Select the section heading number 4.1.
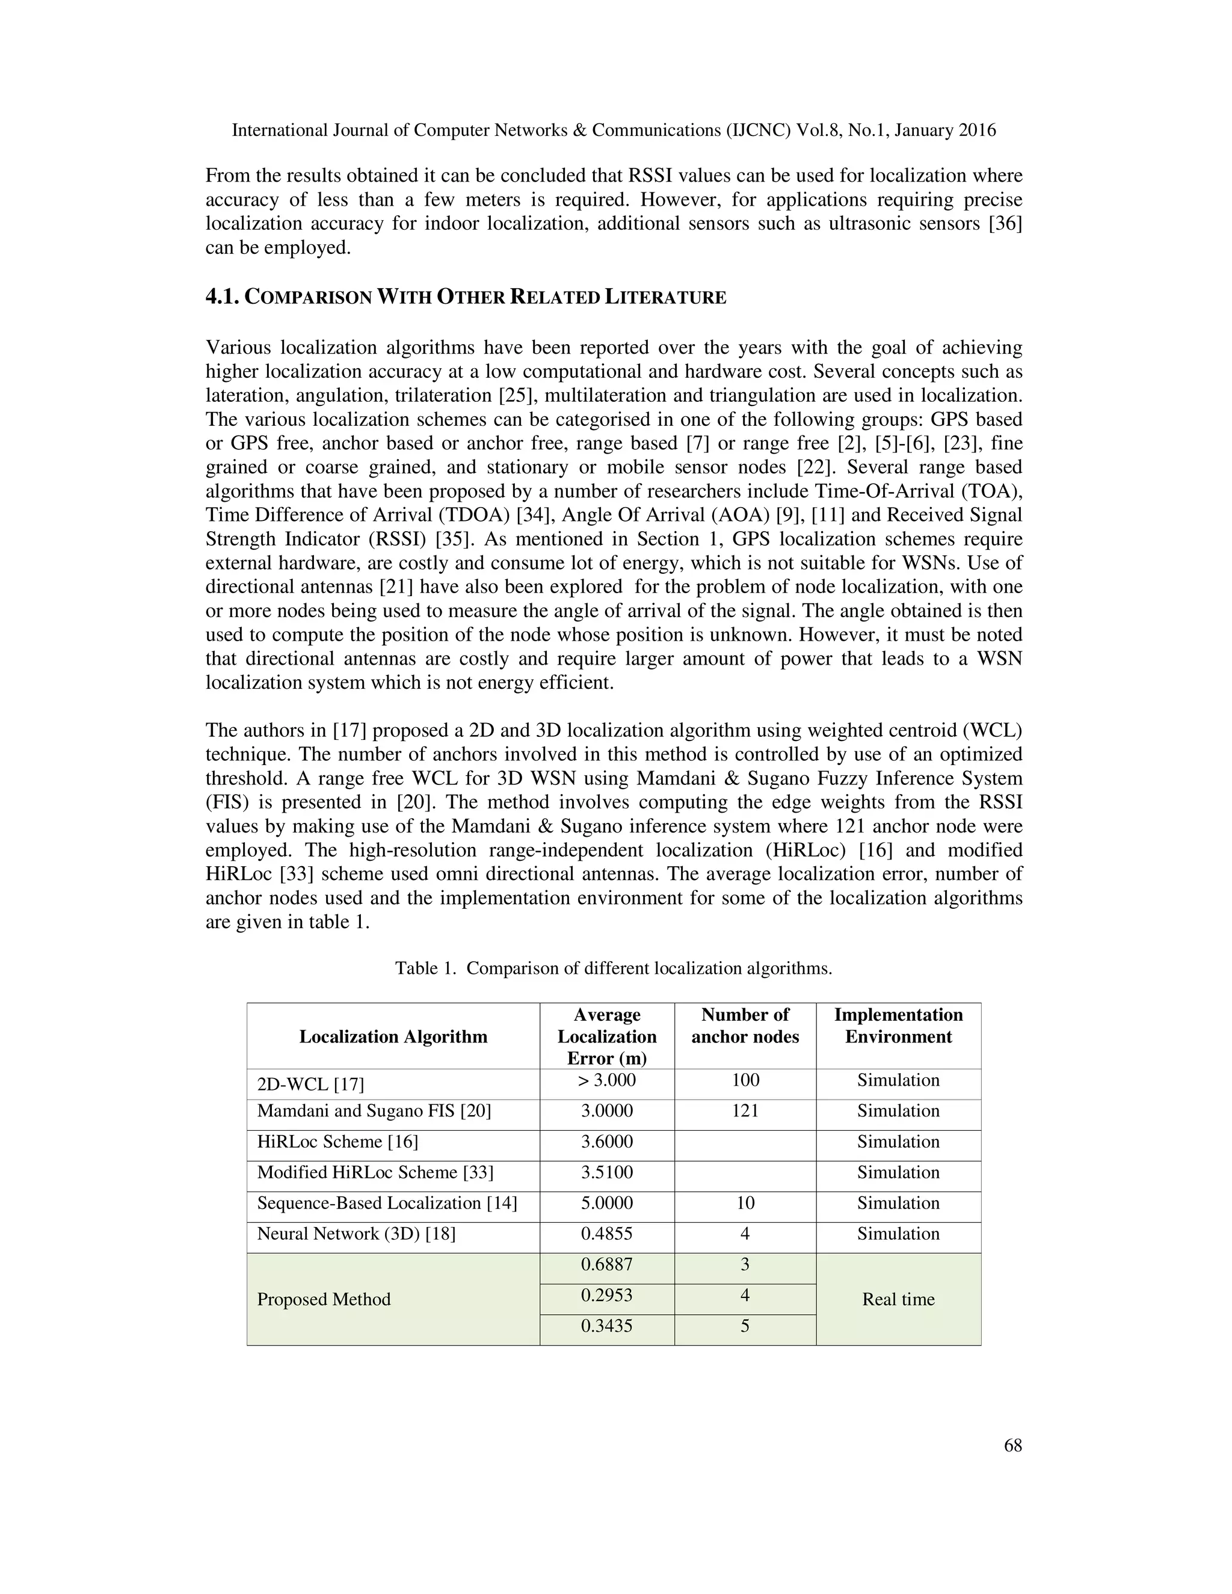221,297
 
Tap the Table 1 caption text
613,968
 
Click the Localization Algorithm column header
393,1036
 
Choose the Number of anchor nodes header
745,1026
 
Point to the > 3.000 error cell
606,1080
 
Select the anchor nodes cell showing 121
745,1111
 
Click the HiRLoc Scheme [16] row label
337,1142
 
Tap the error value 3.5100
606,1172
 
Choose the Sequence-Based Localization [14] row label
387,1203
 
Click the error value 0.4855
606,1234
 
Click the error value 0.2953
606,1296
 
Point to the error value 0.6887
606,1265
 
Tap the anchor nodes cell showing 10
745,1203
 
